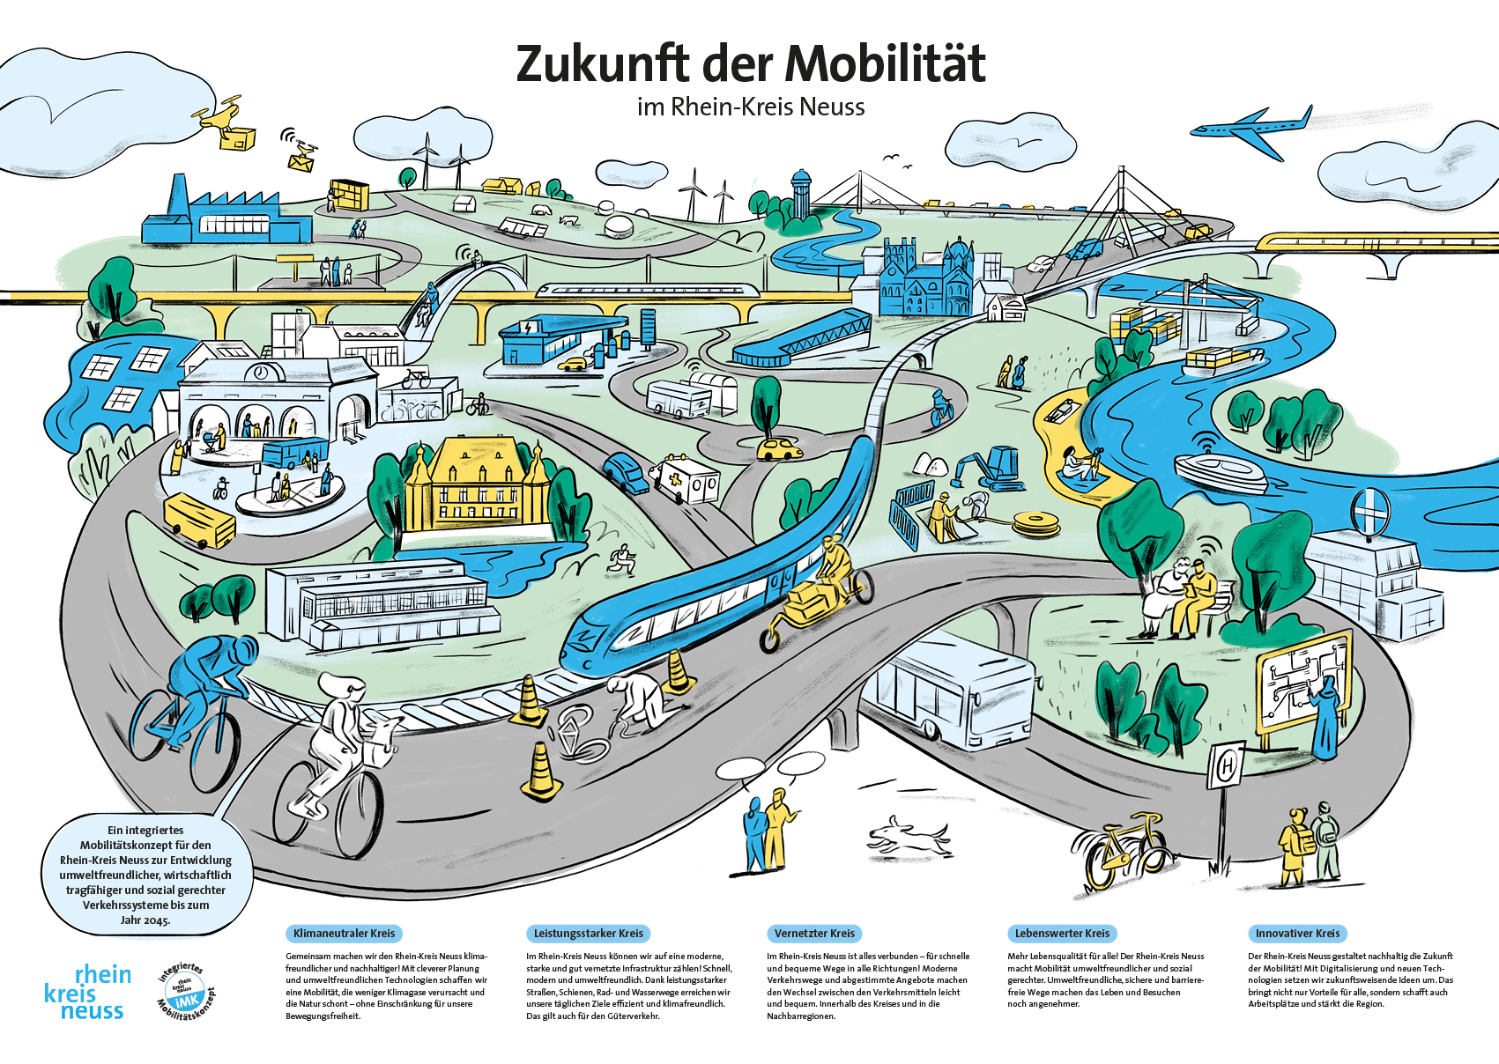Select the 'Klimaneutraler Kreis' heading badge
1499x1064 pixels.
pos(344,933)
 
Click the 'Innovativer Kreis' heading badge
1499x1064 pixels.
pos(1297,933)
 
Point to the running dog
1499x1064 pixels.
pos(908,835)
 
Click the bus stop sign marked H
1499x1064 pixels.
pos(1226,768)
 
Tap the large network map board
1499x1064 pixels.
pos(1302,690)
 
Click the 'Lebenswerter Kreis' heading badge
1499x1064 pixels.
pos(1062,933)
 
